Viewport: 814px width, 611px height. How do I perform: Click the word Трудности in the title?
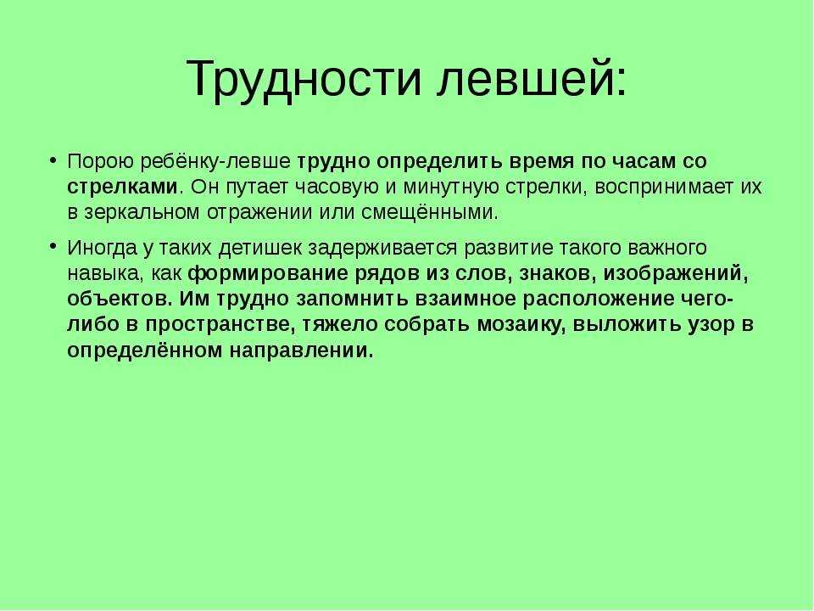[304, 79]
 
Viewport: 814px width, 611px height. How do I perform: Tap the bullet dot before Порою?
[53, 160]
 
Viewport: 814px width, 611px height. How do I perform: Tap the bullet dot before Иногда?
[53, 247]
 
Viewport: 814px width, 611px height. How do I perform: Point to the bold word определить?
[440, 161]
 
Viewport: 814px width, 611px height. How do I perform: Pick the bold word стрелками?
[122, 187]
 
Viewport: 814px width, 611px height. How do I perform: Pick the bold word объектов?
[121, 300]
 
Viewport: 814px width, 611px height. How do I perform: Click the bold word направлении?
[301, 350]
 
